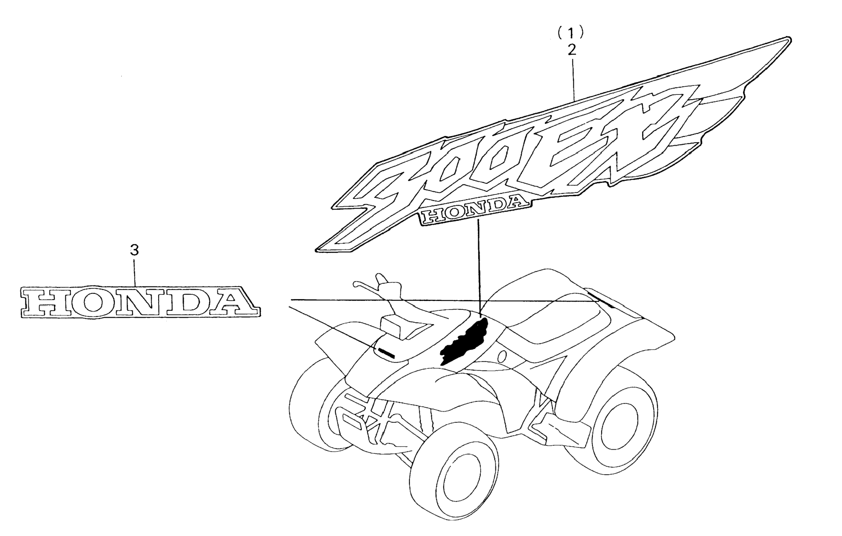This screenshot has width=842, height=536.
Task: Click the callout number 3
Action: (135, 250)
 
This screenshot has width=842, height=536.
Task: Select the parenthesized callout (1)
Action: (571, 33)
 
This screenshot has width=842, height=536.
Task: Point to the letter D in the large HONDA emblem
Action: (186, 301)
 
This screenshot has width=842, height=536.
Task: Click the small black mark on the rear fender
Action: (600, 300)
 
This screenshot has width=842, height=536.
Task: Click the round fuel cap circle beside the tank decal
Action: (502, 357)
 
